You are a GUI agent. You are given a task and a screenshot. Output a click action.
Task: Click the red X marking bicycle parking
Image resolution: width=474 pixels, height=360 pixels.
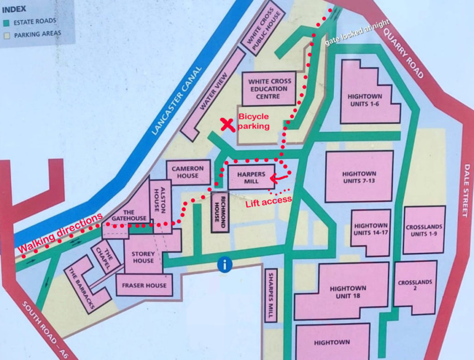pyautogui.click(x=227, y=124)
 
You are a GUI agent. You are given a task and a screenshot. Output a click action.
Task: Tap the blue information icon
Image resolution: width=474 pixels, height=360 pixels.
pyautogui.click(x=225, y=265)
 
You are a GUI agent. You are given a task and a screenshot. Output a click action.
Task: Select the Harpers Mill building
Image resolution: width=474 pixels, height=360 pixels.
pyautogui.click(x=251, y=177)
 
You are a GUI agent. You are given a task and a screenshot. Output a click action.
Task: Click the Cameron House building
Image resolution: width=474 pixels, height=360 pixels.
pyautogui.click(x=188, y=172)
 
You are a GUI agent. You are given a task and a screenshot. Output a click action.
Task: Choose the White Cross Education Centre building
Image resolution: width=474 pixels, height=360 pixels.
pyautogui.click(x=268, y=88)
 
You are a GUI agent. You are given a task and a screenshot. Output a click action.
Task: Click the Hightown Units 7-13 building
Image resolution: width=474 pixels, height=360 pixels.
pyautogui.click(x=359, y=177)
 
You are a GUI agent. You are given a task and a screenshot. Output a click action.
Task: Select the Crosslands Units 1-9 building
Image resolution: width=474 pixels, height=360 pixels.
pyautogui.click(x=424, y=230)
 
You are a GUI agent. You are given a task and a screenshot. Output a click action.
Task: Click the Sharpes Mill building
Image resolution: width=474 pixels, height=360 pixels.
pyautogui.click(x=271, y=296)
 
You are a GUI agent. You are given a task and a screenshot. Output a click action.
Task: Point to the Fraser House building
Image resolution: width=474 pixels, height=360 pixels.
pyautogui.click(x=144, y=285)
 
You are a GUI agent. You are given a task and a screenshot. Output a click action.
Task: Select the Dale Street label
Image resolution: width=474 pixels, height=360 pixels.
pyautogui.click(x=466, y=190)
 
